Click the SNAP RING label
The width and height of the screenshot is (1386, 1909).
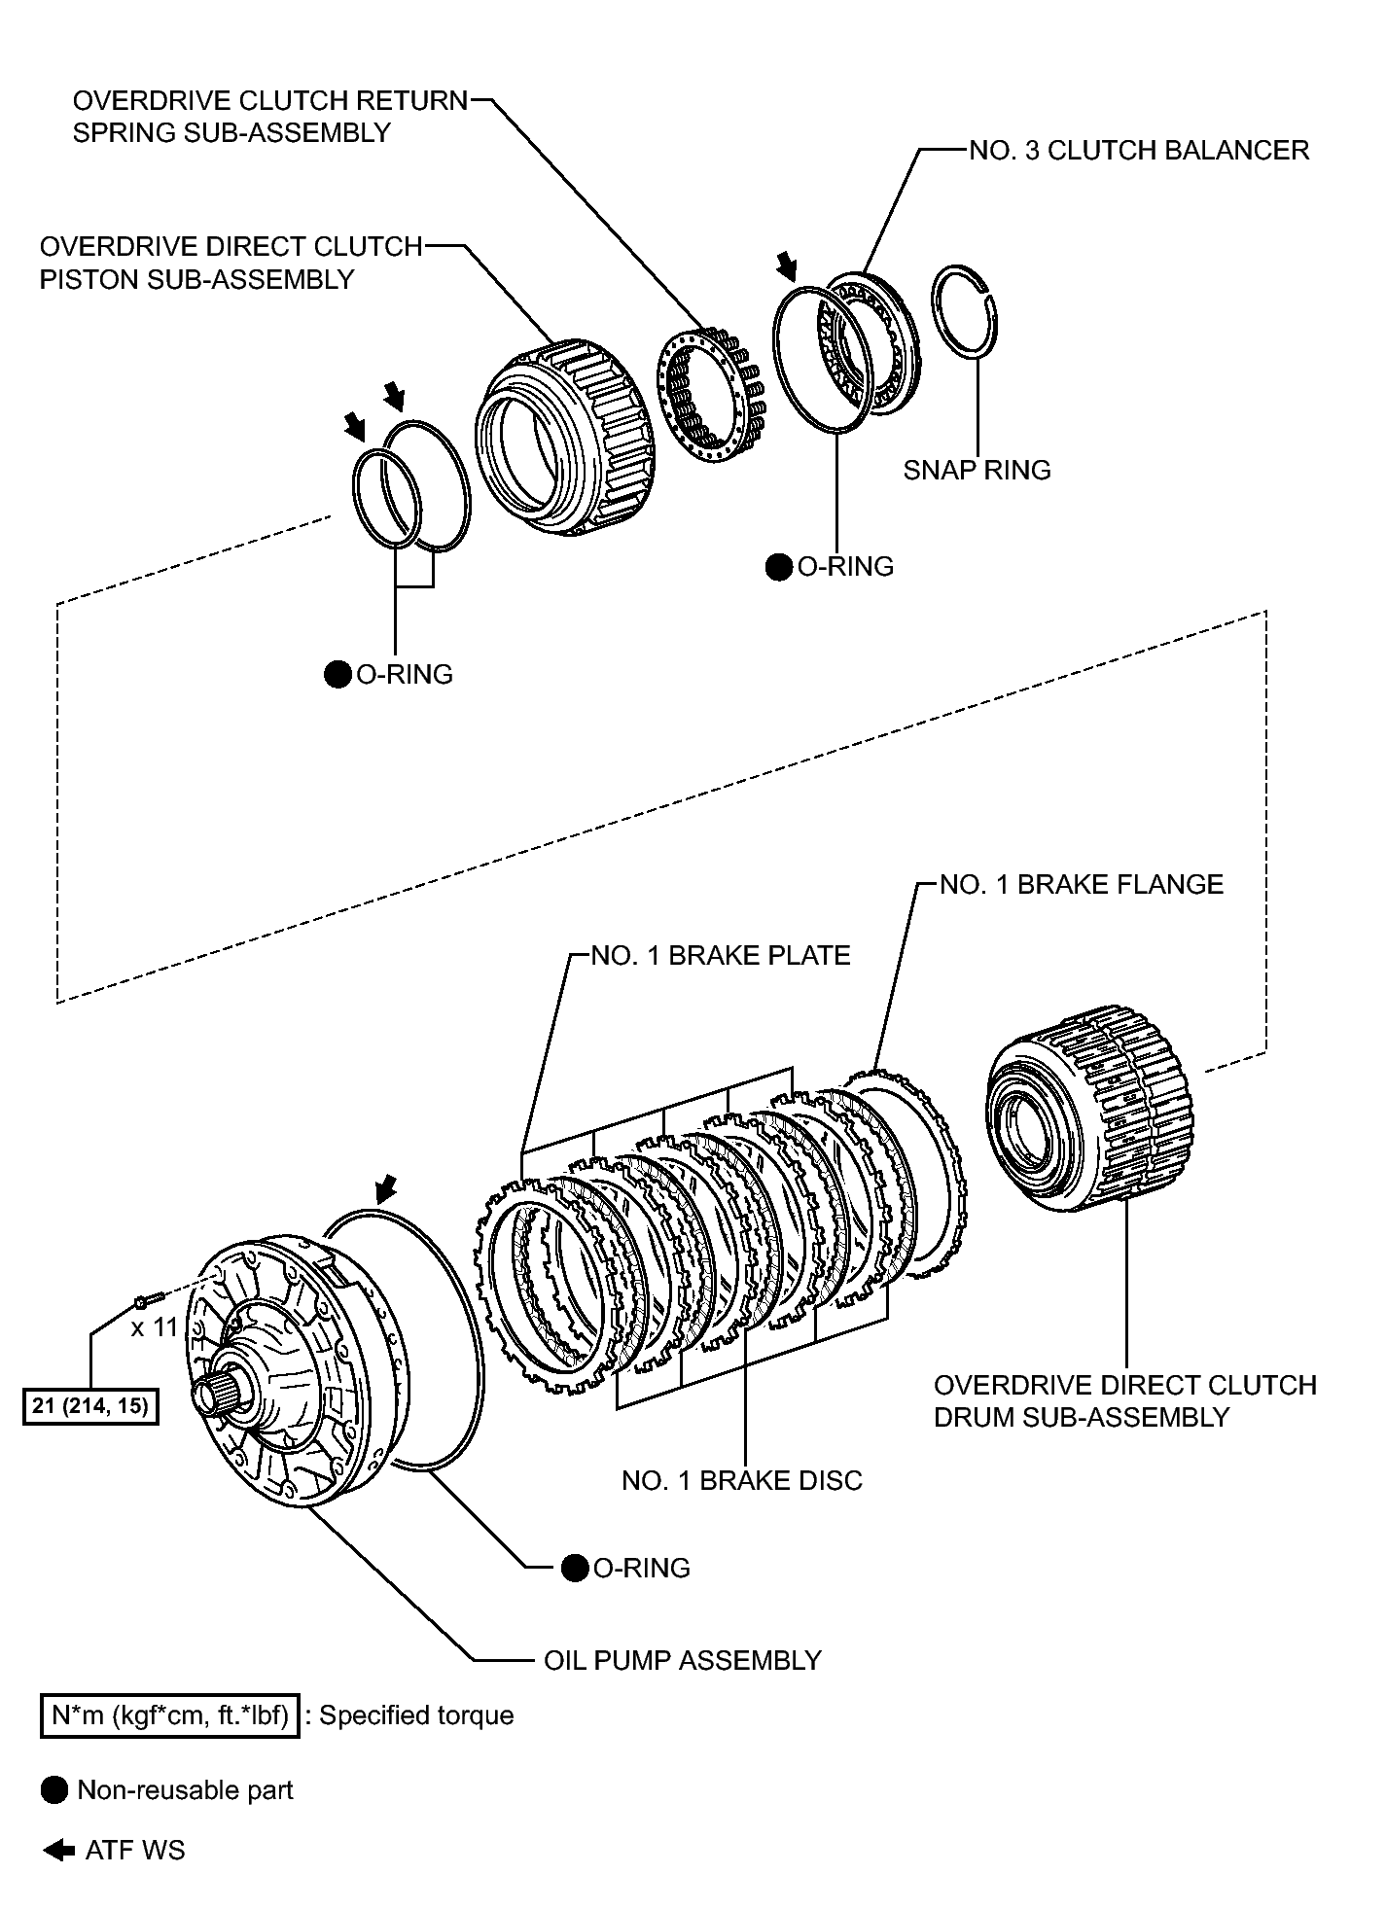point(977,470)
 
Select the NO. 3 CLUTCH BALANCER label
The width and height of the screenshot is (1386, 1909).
point(1139,151)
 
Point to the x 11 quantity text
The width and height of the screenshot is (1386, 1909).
point(155,1326)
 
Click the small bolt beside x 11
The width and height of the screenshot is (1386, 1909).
point(145,1299)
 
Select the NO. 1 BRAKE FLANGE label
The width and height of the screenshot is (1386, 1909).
point(1081,884)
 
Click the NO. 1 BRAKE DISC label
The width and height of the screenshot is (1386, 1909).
point(741,1480)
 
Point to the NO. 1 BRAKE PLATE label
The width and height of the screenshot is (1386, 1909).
point(720,955)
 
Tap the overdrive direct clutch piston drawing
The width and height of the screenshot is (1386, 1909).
point(564,438)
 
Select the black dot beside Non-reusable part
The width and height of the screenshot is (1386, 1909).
point(54,1790)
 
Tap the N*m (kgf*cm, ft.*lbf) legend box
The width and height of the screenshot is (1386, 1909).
point(169,1715)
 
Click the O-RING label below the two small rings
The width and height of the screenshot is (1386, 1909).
point(404,674)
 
